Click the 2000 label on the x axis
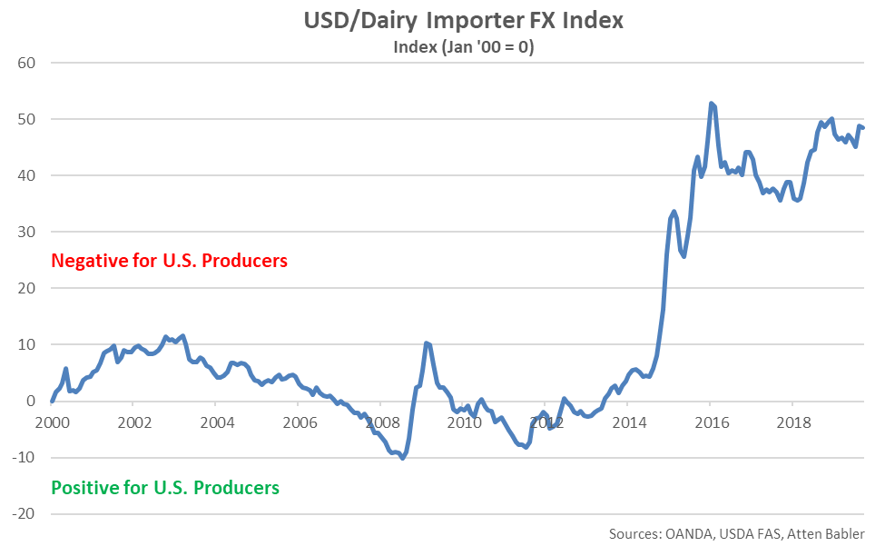pyautogui.click(x=52, y=422)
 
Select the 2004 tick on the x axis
pyautogui.click(x=217, y=422)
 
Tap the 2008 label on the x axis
pyautogui.click(x=382, y=422)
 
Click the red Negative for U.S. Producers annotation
pyautogui.click(x=170, y=261)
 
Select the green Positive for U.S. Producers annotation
pyautogui.click(x=165, y=487)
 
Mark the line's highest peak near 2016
pyautogui.click(x=711, y=104)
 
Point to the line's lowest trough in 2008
pyautogui.click(x=402, y=458)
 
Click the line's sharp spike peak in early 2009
pyautogui.click(x=426, y=342)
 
